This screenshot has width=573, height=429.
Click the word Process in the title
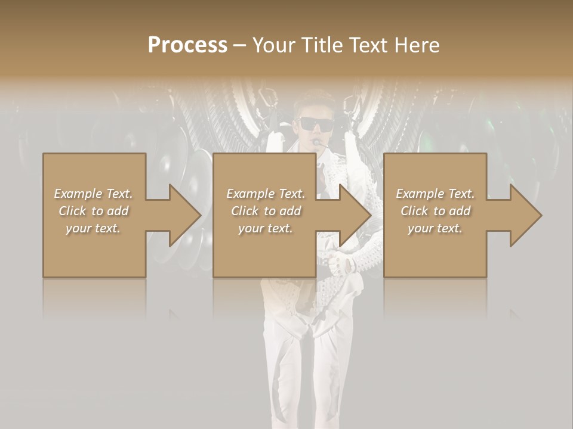(x=187, y=45)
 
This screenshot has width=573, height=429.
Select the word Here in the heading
(x=417, y=45)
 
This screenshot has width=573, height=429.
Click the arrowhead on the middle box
(x=350, y=215)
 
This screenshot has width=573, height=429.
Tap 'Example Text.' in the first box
(x=94, y=194)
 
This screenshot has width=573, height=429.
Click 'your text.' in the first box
(x=94, y=228)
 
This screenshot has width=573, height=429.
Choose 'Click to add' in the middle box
(x=266, y=211)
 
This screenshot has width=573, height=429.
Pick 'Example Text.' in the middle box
(x=266, y=194)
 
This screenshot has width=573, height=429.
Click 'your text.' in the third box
(x=435, y=228)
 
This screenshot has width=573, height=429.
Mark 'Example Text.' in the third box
(x=435, y=194)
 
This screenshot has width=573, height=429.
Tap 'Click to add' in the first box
(x=94, y=211)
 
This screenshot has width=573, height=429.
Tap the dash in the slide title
(x=239, y=46)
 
